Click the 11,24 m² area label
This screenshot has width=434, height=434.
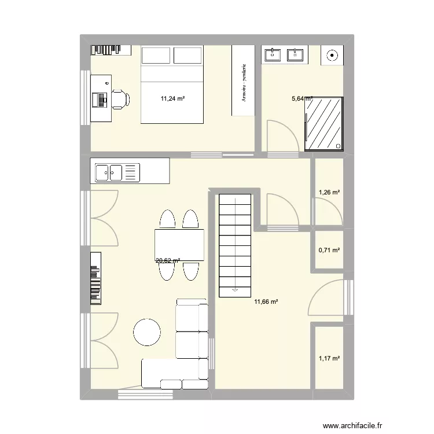(173, 98)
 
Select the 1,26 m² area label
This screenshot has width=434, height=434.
(329, 192)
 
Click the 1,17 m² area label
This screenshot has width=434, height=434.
(329, 358)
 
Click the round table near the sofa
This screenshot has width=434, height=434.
(147, 333)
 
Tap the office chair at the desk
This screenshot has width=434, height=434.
(119, 99)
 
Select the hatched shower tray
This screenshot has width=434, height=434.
(324, 124)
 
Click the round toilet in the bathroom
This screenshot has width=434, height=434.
(333, 56)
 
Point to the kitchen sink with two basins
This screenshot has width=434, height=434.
(109, 172)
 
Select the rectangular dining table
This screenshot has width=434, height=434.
(179, 245)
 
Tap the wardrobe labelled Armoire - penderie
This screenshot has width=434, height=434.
(244, 80)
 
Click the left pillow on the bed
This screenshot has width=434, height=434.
(157, 55)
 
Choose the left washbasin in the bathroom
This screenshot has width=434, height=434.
(273, 55)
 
